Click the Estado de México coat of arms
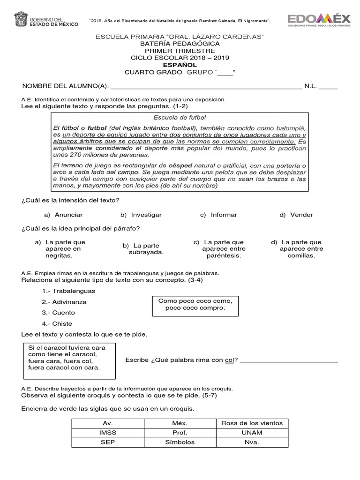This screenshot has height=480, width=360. [21, 20]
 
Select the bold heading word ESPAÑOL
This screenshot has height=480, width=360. [180, 65]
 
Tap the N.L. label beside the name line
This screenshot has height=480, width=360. [311, 86]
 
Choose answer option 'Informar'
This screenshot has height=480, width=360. [224, 215]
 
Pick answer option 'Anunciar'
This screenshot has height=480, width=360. [68, 215]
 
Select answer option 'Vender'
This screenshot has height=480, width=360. [301, 215]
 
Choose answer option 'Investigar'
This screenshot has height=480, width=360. [146, 215]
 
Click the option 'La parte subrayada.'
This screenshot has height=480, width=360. [146, 249]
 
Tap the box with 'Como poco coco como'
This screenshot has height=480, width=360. [195, 305]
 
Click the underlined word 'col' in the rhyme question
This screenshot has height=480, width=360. [229, 360]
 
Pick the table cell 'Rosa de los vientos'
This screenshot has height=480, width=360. [252, 423]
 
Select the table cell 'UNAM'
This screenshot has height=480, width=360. [252, 433]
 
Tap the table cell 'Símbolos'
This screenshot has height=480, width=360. [180, 442]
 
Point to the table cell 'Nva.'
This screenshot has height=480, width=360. [252, 442]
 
